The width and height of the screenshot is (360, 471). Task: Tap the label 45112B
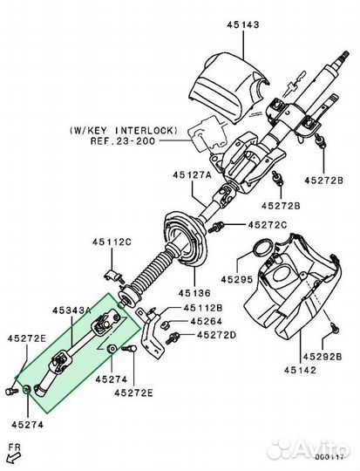(x=201, y=308)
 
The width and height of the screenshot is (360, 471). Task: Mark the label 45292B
(x=323, y=357)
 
